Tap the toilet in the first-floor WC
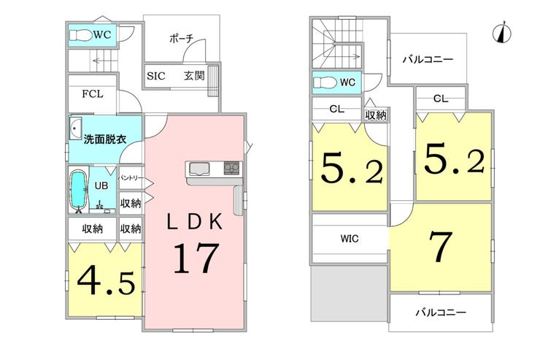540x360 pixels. tap(80, 35)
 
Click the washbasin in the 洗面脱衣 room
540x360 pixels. tap(75, 128)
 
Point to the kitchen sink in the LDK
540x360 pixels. tap(199, 169)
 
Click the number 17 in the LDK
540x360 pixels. tap(196, 258)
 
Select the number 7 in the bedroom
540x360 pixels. tap(441, 246)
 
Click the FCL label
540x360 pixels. tap(92, 93)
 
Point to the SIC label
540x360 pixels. tap(156, 76)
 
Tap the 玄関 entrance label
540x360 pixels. tap(194, 75)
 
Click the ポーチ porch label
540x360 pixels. tap(182, 39)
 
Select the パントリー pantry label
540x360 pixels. tap(131, 178)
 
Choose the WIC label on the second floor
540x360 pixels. tap(350, 238)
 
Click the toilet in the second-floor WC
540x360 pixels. tap(325, 83)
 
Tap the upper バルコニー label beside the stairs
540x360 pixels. tap(428, 60)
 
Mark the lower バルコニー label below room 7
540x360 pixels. tap(441, 313)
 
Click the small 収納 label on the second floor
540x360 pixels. tap(376, 115)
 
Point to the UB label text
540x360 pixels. tap(101, 185)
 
